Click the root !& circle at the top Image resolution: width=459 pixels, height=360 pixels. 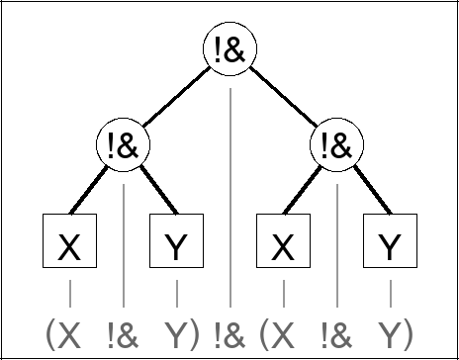tap(229, 53)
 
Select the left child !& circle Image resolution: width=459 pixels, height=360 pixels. tap(124, 146)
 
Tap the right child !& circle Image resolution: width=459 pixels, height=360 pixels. tap(336, 146)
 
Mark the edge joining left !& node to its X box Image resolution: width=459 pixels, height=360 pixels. tap(96, 193)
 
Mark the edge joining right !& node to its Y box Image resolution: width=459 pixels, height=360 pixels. tap(364, 193)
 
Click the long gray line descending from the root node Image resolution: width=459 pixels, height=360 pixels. tap(229, 198)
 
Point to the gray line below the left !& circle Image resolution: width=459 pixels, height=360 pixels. tap(124, 237)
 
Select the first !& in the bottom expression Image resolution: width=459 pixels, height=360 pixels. tap(124, 333)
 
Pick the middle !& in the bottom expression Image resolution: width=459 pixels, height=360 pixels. tap(229, 333)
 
